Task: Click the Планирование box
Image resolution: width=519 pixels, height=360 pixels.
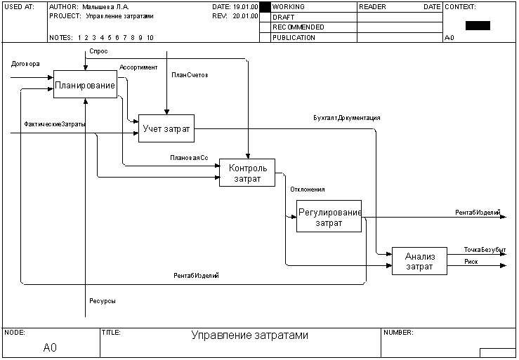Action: point(85,85)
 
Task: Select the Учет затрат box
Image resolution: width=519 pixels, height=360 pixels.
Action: point(166,128)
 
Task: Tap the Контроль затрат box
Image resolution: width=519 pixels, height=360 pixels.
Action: point(247,173)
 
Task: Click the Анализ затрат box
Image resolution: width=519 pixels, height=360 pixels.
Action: point(419,261)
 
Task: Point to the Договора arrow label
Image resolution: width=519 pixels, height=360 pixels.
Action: point(25,64)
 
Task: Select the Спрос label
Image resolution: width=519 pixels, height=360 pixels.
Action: point(99,52)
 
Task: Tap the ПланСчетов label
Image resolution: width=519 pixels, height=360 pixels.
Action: point(190,74)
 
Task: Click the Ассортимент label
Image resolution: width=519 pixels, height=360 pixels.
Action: point(138,67)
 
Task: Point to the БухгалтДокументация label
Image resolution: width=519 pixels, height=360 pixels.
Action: point(347,118)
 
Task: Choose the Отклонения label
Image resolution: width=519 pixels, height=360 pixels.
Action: point(308,189)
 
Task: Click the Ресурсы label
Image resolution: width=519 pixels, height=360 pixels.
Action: point(103,301)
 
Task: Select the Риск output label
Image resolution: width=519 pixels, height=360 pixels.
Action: point(471,262)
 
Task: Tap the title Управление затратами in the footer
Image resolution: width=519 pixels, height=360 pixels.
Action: point(249,335)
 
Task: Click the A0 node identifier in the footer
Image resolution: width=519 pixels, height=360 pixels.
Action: point(50,347)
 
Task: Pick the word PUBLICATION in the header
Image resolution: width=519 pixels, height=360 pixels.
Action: point(294,38)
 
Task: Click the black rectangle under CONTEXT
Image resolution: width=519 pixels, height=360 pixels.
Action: point(478,25)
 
